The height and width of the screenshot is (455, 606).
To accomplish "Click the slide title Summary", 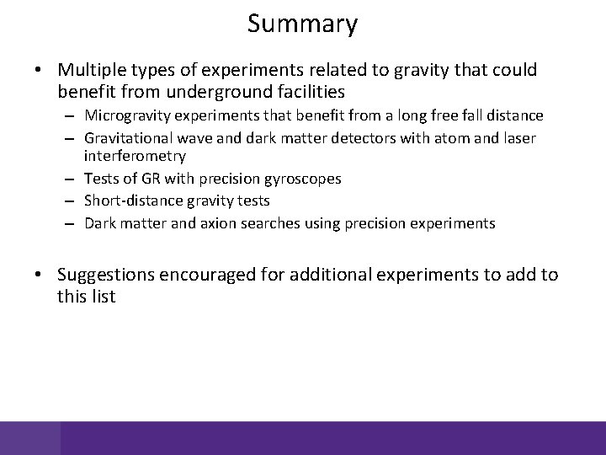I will (x=302, y=24).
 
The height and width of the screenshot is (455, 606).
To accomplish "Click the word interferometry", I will (x=135, y=157).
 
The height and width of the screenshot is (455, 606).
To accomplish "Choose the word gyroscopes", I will (x=300, y=179).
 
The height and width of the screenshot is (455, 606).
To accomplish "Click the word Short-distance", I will (x=131, y=201).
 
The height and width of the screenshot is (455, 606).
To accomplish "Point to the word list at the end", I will (x=101, y=296).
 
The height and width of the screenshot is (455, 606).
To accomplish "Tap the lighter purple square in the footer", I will (x=30, y=438).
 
